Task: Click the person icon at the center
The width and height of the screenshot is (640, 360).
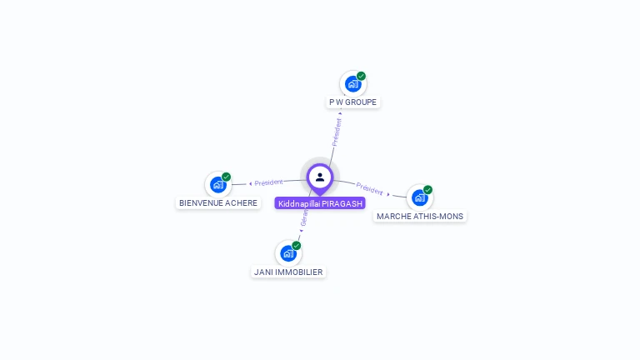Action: [x=320, y=177]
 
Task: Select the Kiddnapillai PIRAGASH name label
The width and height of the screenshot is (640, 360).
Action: [x=320, y=203]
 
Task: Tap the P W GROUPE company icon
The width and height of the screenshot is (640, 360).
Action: [x=352, y=84]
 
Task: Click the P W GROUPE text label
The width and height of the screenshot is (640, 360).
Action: [x=352, y=102]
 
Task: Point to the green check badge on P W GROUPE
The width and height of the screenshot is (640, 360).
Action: [x=361, y=76]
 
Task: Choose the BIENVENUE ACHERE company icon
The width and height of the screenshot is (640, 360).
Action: [x=217, y=185]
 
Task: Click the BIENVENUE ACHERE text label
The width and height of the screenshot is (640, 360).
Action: [x=218, y=202]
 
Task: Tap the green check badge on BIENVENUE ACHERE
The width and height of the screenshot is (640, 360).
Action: [x=226, y=177]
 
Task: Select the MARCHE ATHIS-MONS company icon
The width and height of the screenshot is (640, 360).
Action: [x=419, y=197]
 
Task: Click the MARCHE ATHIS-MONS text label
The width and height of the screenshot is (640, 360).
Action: [x=420, y=216]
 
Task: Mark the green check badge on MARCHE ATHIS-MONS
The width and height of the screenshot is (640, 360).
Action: [x=427, y=190]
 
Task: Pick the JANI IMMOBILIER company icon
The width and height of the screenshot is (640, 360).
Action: [x=287, y=253]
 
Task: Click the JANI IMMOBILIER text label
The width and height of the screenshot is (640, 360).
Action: [x=288, y=272]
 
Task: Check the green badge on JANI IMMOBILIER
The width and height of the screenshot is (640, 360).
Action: [x=296, y=245]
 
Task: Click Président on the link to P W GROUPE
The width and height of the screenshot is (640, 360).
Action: [x=337, y=132]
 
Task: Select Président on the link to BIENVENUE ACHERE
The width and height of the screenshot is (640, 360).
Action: [x=269, y=182]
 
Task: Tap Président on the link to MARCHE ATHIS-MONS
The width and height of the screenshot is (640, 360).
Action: [x=369, y=188]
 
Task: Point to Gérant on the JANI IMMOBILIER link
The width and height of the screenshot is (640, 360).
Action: [x=305, y=218]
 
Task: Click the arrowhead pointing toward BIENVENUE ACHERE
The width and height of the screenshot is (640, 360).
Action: [x=250, y=183]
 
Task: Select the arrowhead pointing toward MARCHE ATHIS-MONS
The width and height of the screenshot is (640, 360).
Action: [x=388, y=194]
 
